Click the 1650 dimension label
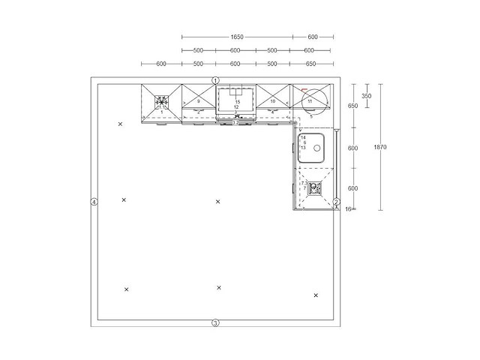coord(237,36)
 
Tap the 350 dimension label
coord(366,96)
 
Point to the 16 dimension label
coord(348,208)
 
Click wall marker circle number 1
coord(215,79)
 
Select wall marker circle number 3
coord(215,323)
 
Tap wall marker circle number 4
coord(94,202)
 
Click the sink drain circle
coord(317,148)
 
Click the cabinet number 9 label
coord(198,100)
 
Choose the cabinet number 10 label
coord(273,100)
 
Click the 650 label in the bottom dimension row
coord(310,64)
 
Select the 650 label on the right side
coord(352,106)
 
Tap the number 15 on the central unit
coord(236,100)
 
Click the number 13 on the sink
coord(303,148)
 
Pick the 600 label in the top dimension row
coord(313,36)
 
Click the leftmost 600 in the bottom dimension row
coord(161,64)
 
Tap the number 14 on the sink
coord(303,138)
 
